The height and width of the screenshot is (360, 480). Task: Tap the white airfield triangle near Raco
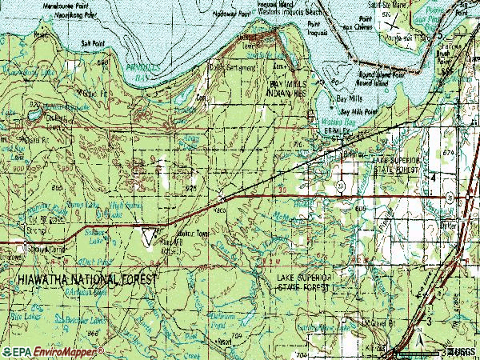pos(149,234)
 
